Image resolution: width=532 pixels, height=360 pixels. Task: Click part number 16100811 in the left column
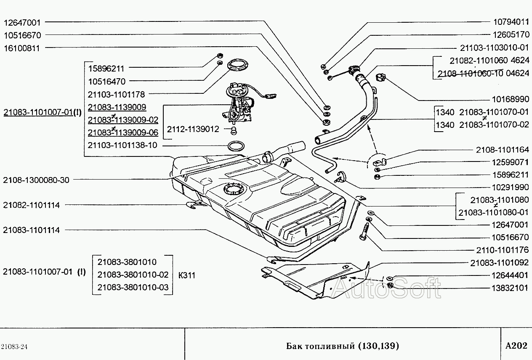click(x=21, y=48)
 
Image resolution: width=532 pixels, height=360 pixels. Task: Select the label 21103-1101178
click(x=116, y=94)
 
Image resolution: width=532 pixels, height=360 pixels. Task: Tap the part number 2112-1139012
click(x=193, y=129)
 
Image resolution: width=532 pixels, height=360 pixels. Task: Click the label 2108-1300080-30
click(x=36, y=180)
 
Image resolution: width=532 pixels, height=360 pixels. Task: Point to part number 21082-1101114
click(x=31, y=205)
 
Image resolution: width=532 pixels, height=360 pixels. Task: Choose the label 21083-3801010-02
click(x=133, y=275)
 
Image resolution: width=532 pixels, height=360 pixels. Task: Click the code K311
click(x=187, y=275)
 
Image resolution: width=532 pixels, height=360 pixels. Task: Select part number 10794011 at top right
click(x=511, y=21)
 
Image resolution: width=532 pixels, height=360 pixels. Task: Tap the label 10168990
click(x=511, y=99)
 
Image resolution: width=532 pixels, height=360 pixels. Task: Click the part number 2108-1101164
click(x=503, y=149)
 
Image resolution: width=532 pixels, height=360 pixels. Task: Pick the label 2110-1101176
click(x=503, y=250)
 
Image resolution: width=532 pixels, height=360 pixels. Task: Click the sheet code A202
click(x=516, y=346)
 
